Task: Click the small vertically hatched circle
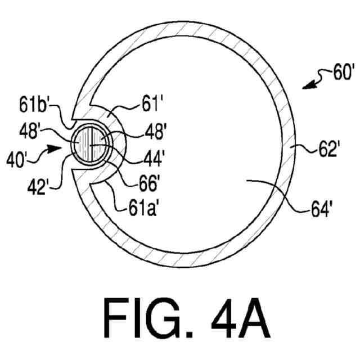click(89, 144)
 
